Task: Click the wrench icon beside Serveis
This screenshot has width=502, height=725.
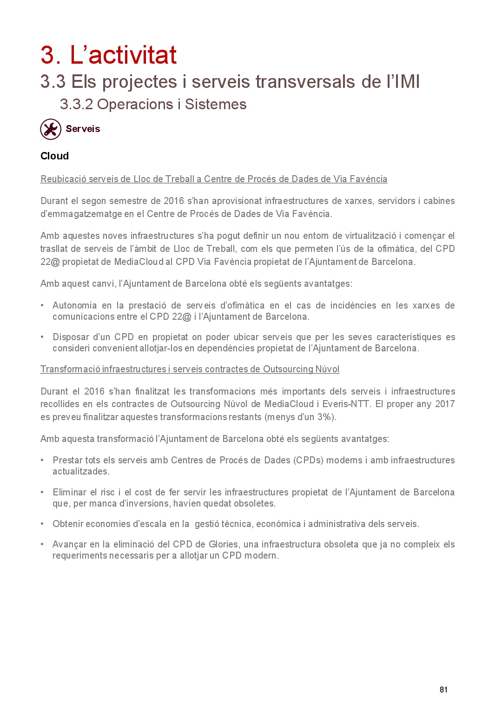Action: (51, 129)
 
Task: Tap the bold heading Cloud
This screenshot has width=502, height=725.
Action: (54, 156)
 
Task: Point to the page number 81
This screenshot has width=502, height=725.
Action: (443, 690)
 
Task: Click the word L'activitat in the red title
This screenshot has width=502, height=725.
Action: (123, 55)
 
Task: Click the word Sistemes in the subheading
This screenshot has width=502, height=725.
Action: (216, 105)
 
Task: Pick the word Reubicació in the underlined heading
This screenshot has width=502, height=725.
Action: (63, 179)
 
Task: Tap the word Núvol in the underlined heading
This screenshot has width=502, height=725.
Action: (327, 369)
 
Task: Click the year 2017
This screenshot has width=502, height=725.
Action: (445, 404)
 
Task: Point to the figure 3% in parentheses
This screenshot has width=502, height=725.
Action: (324, 417)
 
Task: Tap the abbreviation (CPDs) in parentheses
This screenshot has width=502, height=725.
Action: (308, 460)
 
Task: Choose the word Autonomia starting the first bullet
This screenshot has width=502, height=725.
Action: (74, 305)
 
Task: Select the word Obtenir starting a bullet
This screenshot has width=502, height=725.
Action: (68, 524)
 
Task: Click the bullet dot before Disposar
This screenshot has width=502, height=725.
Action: (42, 337)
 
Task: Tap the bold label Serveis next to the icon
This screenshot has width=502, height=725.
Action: (83, 129)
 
